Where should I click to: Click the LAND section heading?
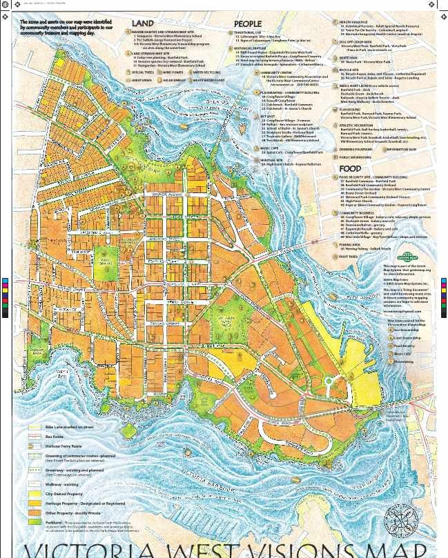coord(142,23)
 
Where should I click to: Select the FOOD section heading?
coord(351,168)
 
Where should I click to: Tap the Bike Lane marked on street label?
coord(69,428)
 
